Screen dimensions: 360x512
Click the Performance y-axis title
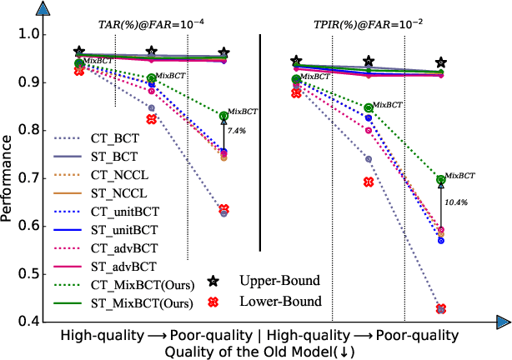pyautogui.click(x=9, y=178)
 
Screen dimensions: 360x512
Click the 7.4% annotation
pyautogui.click(x=238, y=131)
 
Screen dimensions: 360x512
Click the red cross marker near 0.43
pyautogui.click(x=441, y=309)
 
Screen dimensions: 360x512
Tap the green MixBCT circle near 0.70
pyautogui.click(x=441, y=179)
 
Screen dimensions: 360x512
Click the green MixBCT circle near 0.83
pyautogui.click(x=223, y=116)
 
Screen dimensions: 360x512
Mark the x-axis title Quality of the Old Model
pyautogui.click(x=259, y=351)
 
